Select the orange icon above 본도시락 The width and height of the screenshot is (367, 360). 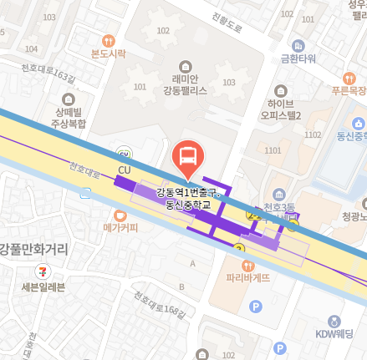pyautogui.click(x=108, y=40)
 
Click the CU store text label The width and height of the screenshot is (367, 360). pyautogui.click(x=125, y=170)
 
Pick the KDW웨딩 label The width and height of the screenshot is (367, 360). pyautogui.click(x=334, y=334)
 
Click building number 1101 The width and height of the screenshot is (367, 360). pyautogui.click(x=273, y=150)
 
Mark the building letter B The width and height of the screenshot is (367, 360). pyautogui.click(x=182, y=287)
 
